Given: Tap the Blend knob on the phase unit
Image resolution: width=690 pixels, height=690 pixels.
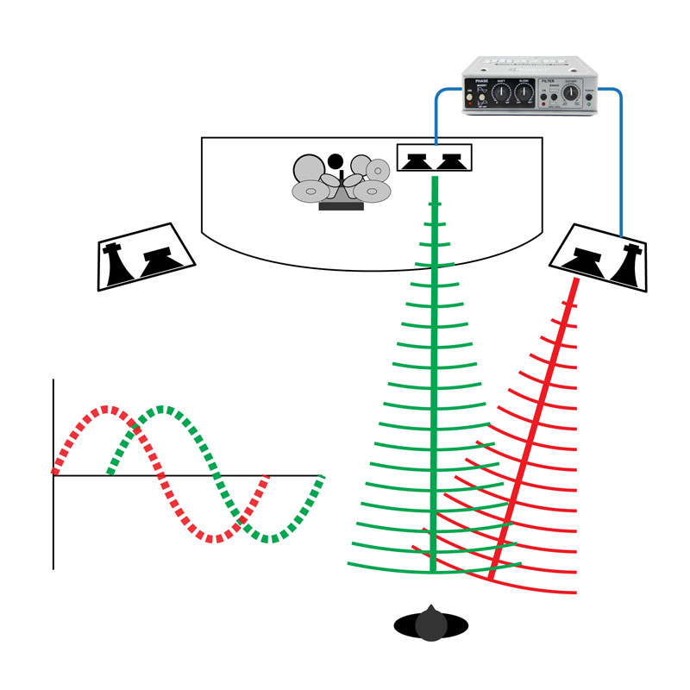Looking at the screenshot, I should pos(524,92).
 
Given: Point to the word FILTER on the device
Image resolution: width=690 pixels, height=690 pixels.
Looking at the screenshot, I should pos(549,80).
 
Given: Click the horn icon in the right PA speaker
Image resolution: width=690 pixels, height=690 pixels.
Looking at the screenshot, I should pos(625,261).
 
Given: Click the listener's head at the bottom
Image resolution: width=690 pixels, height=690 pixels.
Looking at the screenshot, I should pos(429,623).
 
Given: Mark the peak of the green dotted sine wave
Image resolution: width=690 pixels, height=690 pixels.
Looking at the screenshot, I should pos(160,409).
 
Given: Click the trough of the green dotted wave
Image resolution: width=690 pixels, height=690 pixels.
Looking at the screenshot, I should pos(271,539).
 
